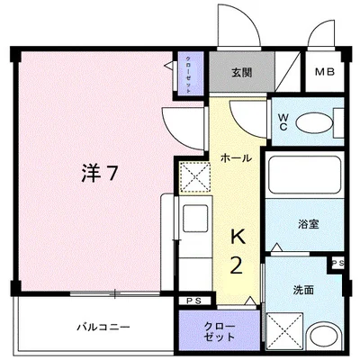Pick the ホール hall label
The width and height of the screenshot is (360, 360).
[x=236, y=158]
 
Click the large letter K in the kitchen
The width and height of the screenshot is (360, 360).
[x=238, y=237]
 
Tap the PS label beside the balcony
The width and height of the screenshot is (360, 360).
[x=193, y=301]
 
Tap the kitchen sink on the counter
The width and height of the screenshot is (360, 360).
[x=193, y=220]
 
